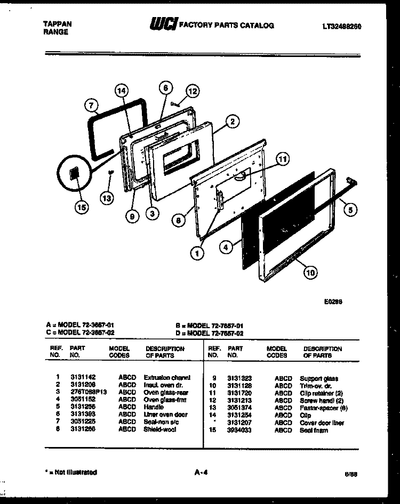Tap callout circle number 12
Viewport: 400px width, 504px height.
[x=193, y=91]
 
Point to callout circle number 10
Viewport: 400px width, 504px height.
[x=310, y=272]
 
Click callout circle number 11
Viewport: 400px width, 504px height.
[x=283, y=158]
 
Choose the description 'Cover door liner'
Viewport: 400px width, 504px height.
[x=322, y=423]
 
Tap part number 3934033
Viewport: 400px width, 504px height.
[x=238, y=430]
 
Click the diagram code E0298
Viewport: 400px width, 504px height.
[x=333, y=301]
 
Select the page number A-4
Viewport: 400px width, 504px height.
[x=202, y=472]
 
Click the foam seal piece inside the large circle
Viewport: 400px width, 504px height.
[x=74, y=175]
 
